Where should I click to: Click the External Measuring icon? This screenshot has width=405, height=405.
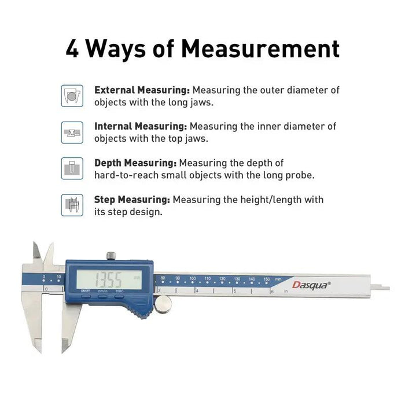(72, 95)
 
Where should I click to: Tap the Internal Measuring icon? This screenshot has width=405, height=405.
(72, 132)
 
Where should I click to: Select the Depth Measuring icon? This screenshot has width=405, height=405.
(72, 168)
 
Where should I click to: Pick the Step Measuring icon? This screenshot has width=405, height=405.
(72, 205)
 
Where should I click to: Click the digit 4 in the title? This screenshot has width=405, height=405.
(73, 49)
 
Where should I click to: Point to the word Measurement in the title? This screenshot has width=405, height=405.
(260, 49)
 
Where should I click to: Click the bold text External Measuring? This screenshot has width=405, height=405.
(142, 90)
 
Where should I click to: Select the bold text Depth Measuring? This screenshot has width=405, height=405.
(135, 163)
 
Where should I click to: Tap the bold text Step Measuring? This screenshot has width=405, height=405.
(132, 200)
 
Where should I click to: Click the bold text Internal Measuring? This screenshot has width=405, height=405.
(141, 126)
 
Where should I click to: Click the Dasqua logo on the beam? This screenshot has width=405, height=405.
(312, 284)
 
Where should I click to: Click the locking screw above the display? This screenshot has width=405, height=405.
(111, 255)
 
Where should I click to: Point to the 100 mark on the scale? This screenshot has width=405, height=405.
(192, 279)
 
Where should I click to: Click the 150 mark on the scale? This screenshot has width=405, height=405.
(266, 279)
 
